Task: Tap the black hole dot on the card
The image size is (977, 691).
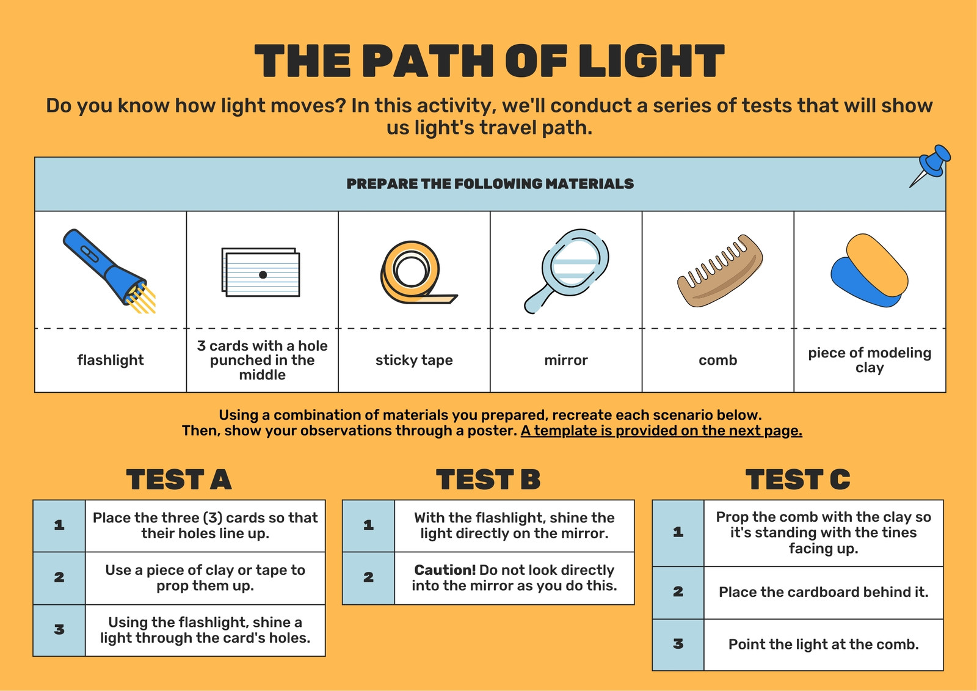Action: [263, 274]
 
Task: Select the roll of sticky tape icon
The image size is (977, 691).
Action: [416, 272]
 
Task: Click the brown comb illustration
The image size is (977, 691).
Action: [720, 271]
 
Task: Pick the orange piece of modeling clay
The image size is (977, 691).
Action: [877, 264]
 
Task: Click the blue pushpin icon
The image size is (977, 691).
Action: [931, 166]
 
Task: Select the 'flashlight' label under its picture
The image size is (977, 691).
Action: [111, 360]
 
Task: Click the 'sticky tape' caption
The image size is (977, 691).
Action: [414, 360]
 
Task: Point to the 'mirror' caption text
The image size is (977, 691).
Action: [565, 360]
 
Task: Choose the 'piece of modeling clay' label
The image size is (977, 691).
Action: [870, 360]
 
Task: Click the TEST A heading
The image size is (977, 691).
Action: [179, 479]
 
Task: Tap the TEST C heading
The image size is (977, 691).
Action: [797, 479]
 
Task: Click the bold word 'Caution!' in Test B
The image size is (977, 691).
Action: [445, 569]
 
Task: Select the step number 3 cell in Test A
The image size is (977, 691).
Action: [59, 630]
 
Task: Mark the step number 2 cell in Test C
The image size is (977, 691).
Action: [678, 592]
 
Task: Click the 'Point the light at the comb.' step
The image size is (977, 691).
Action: [824, 645]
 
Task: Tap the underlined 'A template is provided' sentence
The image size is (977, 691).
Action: [661, 431]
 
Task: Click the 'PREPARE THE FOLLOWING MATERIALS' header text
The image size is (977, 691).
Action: [490, 184]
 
